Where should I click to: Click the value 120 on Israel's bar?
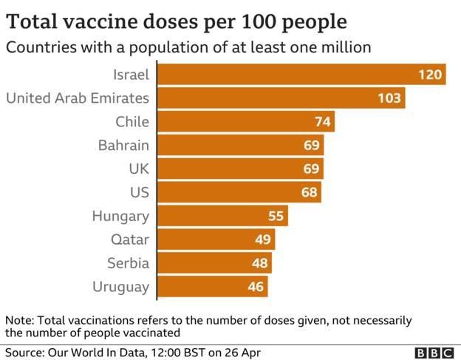point(429,75)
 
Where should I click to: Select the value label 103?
point(389,98)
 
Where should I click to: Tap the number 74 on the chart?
point(321,122)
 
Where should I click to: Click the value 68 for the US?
point(310,193)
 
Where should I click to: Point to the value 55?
point(276,217)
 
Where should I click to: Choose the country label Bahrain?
point(123,146)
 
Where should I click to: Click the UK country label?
point(138,169)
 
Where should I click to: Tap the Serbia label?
point(128,263)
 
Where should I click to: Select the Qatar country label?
point(130,240)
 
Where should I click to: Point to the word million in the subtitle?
point(344,47)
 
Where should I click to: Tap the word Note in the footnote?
point(18,321)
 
